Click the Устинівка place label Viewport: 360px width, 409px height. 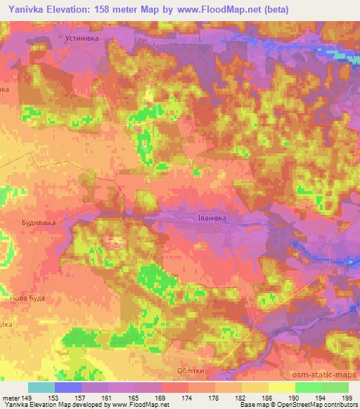[84, 32]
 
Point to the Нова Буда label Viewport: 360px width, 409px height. [27, 298]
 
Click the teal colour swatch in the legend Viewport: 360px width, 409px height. [41, 387]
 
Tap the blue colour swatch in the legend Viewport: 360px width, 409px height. [68, 387]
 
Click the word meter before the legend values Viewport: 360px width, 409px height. [11, 398]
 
